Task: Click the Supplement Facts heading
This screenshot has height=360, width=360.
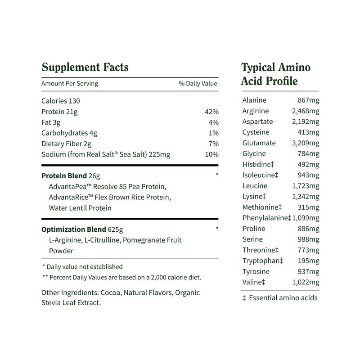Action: [85, 67]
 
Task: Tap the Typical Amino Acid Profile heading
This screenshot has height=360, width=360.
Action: [276, 74]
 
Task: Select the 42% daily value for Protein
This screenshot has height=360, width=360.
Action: [211, 112]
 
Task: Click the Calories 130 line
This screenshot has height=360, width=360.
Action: [60, 101]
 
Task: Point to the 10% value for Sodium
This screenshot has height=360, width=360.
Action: [211, 154]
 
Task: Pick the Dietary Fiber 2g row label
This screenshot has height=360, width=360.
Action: [66, 144]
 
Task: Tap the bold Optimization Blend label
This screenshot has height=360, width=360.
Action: [74, 229]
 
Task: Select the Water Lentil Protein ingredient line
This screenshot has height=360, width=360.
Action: [80, 208]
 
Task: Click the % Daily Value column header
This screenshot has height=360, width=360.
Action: [198, 83]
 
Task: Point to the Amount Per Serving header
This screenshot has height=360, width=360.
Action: [69, 83]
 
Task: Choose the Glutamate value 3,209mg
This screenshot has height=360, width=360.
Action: [305, 143]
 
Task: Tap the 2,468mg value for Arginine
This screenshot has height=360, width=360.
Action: [305, 111]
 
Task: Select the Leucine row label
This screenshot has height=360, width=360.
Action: [255, 186]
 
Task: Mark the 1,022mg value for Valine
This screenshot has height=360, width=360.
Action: [305, 282]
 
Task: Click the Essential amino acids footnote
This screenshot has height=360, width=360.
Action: [279, 297]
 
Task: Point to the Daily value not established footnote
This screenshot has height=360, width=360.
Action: [82, 266]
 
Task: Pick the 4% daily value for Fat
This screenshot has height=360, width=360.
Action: [213, 122]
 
